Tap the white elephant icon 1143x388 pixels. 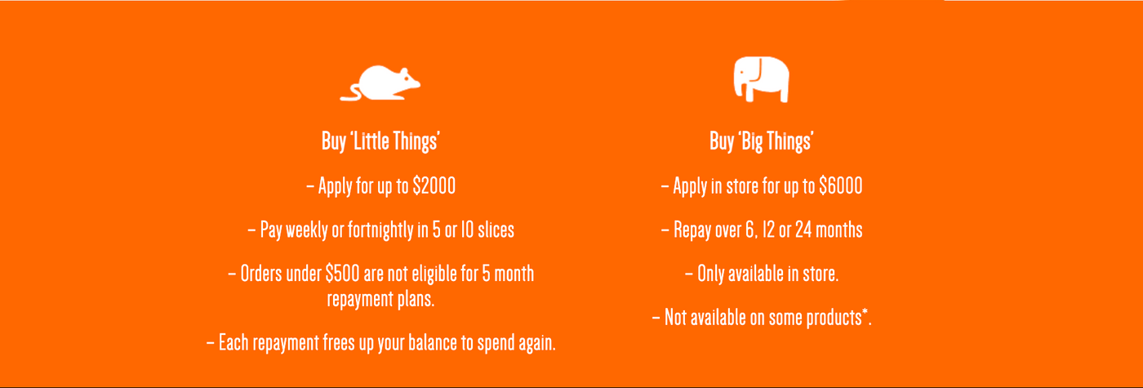tap(761, 79)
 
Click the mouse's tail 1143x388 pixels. tap(351, 94)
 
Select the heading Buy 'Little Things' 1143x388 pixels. tap(380, 140)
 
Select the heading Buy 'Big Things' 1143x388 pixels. tap(761, 140)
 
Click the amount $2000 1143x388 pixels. tap(434, 186)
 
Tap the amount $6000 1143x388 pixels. tap(840, 186)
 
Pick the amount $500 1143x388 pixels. tap(342, 274)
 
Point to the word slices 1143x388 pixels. tap(496, 230)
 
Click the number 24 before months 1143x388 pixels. tap(803, 230)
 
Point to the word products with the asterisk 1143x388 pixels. tap(837, 318)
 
